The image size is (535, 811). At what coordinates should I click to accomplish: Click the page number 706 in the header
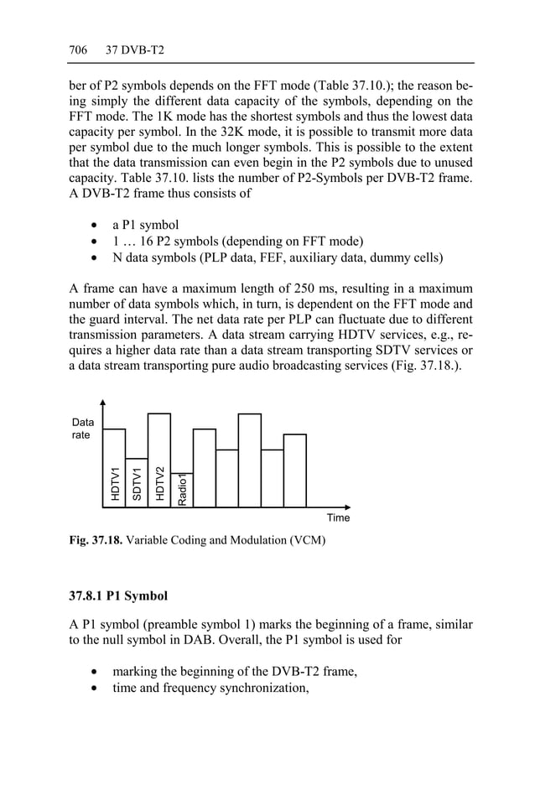click(x=78, y=50)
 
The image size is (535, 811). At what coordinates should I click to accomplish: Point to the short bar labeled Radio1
click(x=182, y=490)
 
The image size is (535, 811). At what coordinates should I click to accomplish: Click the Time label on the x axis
click(x=338, y=517)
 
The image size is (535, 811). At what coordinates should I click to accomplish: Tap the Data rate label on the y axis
click(x=83, y=429)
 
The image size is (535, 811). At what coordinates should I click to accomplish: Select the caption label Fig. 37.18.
click(x=96, y=541)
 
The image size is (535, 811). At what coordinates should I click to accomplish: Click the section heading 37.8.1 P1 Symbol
click(x=118, y=596)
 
